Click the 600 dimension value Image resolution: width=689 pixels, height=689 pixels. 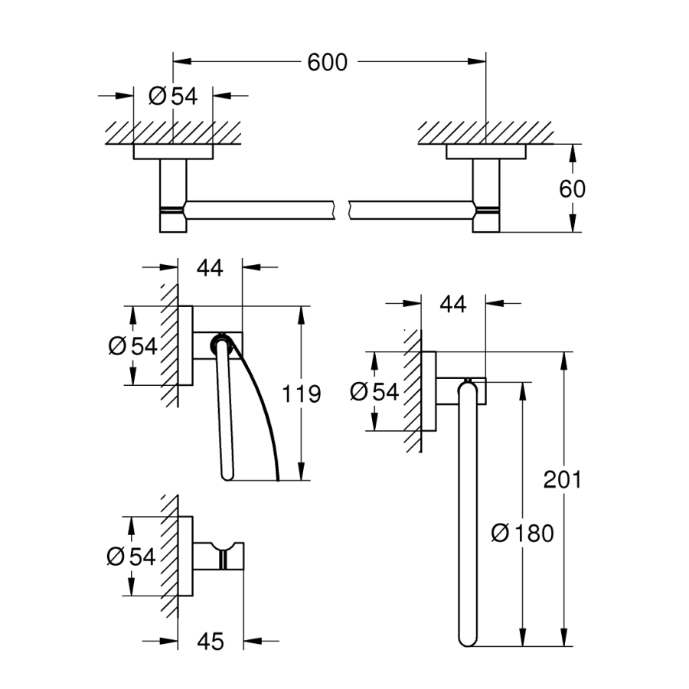point(328,62)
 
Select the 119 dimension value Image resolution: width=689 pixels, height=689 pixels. point(301,394)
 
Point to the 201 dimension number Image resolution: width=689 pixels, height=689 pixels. point(563,480)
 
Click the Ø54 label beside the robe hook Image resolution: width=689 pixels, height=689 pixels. point(132,557)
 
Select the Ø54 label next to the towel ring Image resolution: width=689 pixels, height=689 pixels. point(374,392)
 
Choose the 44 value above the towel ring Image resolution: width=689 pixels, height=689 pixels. point(453,304)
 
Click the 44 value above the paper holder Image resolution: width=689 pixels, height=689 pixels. point(210,268)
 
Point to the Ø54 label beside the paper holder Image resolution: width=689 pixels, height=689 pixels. point(132,346)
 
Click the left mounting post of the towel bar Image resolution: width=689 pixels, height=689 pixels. point(173,195)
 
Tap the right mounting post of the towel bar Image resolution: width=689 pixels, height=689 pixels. point(485,195)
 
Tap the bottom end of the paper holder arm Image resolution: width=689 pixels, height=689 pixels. point(227,473)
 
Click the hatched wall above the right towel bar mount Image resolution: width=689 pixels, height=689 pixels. point(485,131)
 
